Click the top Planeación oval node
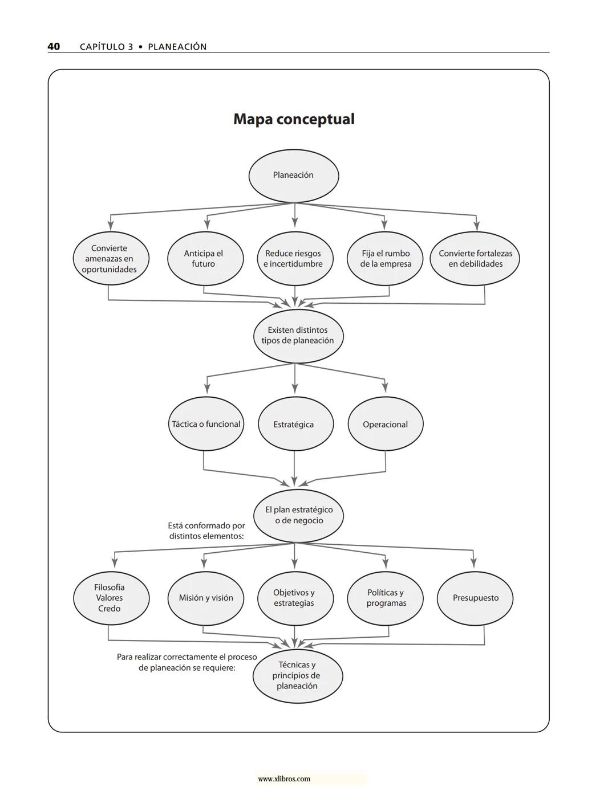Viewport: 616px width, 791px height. coord(293,176)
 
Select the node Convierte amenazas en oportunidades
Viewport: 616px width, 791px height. coord(111,259)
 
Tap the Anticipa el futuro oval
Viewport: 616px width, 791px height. coord(205,259)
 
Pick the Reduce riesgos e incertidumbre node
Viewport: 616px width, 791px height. coord(294,259)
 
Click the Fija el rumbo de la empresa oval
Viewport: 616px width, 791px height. coord(385,259)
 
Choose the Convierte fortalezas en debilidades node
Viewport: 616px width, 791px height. coord(475,259)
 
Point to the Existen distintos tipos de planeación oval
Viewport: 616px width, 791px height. coord(298,336)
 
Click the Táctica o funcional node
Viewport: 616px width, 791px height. coord(206,424)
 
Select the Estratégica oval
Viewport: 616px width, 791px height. coord(294,425)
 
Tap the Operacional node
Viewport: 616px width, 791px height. coord(385,425)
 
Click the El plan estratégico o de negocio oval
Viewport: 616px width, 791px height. coord(298,515)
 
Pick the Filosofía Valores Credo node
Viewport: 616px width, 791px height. coord(111,598)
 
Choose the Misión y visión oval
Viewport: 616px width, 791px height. coord(205,598)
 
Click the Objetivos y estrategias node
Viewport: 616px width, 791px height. coord(294,598)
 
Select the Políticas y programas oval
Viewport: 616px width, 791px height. coord(385,598)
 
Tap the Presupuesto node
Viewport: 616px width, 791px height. coord(475,598)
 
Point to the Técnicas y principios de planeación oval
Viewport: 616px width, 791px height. coord(297,676)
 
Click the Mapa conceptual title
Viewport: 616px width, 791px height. coord(294,119)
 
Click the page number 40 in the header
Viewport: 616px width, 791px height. coord(54,47)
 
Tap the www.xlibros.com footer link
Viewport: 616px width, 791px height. coord(284,779)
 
